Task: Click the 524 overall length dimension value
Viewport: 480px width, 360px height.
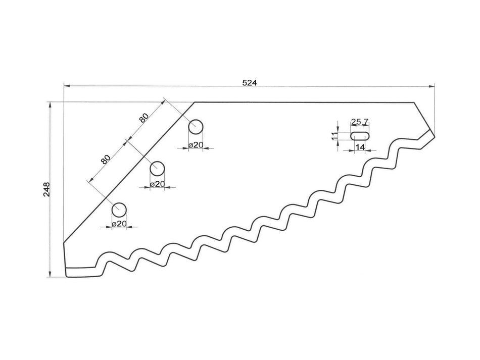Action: (249, 83)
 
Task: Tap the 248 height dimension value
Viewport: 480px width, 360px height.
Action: (46, 189)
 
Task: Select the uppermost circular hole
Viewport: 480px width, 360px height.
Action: (196, 126)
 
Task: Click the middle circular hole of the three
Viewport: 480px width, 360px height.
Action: (158, 168)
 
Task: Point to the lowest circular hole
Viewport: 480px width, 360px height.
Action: (119, 209)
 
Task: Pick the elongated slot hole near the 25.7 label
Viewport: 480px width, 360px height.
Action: (360, 135)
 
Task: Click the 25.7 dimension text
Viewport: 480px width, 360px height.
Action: (360, 122)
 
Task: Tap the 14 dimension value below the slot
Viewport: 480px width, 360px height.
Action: (360, 147)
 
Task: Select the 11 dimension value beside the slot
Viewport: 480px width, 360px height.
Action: (334, 135)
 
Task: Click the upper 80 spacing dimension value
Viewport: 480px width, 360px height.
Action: (144, 118)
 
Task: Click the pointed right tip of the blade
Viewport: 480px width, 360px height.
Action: (434, 134)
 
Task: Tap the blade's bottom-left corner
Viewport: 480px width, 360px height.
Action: (67, 276)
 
